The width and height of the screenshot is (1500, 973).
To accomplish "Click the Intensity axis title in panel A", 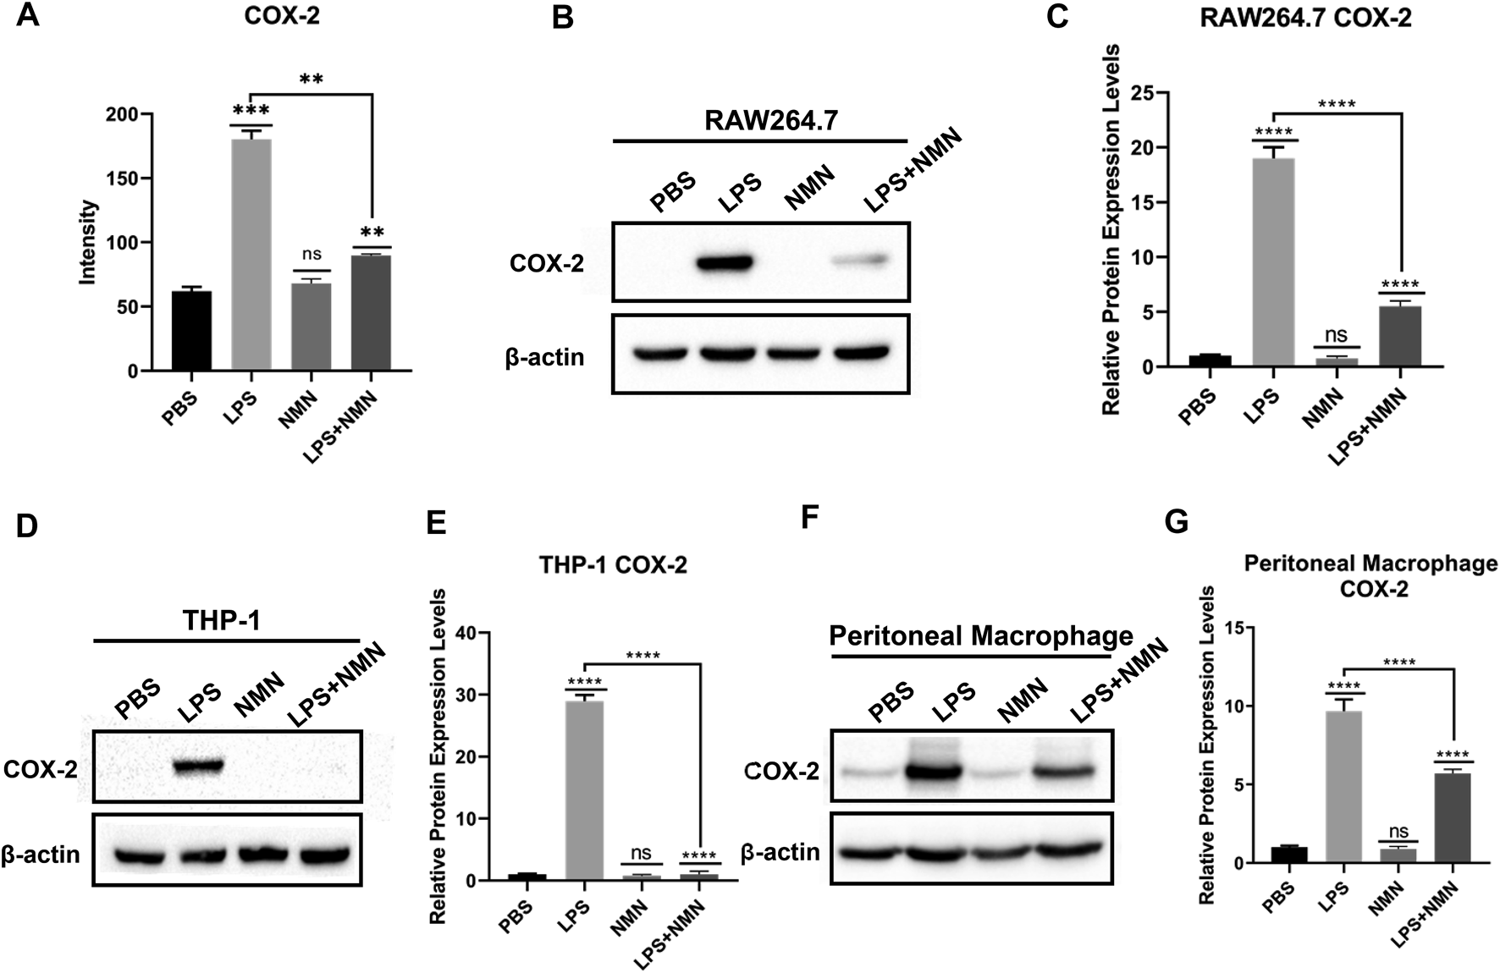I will pyautogui.click(x=89, y=242).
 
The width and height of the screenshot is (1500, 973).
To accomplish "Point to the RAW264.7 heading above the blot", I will pyautogui.click(x=770, y=121).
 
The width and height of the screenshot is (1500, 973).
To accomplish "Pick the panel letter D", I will pyautogui.click(x=26, y=525).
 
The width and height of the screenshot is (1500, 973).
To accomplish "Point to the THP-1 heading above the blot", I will pyautogui.click(x=221, y=621).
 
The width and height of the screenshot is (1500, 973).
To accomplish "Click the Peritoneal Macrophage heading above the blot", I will pyautogui.click(x=980, y=635).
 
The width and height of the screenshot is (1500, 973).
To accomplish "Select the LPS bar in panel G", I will pyautogui.click(x=1343, y=787).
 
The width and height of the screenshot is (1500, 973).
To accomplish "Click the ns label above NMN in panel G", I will pyautogui.click(x=1398, y=832).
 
